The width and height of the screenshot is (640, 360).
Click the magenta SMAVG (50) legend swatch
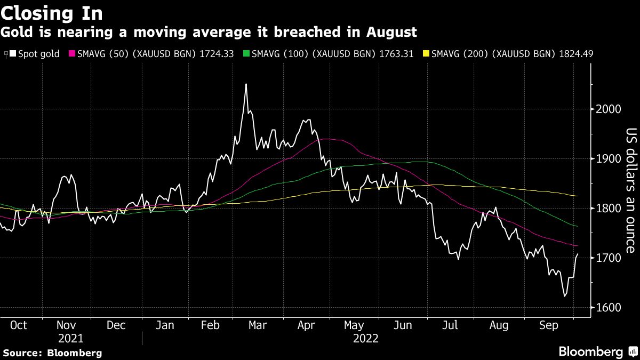click(x=72, y=54)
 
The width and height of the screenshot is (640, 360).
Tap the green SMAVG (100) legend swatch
click(x=246, y=54)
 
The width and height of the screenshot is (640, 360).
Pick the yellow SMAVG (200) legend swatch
click(x=425, y=54)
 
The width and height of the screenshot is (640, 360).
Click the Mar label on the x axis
click(x=258, y=325)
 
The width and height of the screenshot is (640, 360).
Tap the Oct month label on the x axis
click(x=19, y=325)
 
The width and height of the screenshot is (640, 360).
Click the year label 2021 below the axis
click(x=70, y=338)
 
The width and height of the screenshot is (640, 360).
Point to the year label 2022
click(x=365, y=338)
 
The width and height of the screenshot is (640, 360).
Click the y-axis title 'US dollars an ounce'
click(x=631, y=191)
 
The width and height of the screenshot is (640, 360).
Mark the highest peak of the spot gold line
click(x=246, y=84)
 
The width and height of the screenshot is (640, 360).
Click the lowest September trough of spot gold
click(x=565, y=296)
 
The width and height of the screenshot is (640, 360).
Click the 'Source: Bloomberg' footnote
click(x=52, y=353)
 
